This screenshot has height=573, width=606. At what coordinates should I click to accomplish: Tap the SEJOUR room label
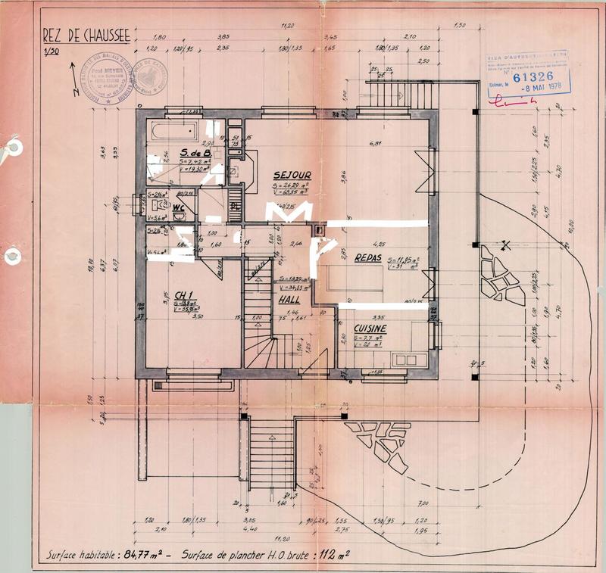pos(292,175)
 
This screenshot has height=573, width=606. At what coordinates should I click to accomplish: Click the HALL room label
pos(289,300)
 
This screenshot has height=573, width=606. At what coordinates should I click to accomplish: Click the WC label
pos(180,207)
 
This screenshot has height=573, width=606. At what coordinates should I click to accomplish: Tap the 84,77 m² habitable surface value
pos(151,555)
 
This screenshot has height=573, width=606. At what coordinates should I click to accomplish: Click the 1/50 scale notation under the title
pos(51,51)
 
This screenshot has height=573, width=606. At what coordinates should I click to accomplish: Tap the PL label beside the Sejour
pos(236,205)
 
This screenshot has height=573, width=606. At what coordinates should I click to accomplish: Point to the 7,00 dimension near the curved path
pos(423,503)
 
